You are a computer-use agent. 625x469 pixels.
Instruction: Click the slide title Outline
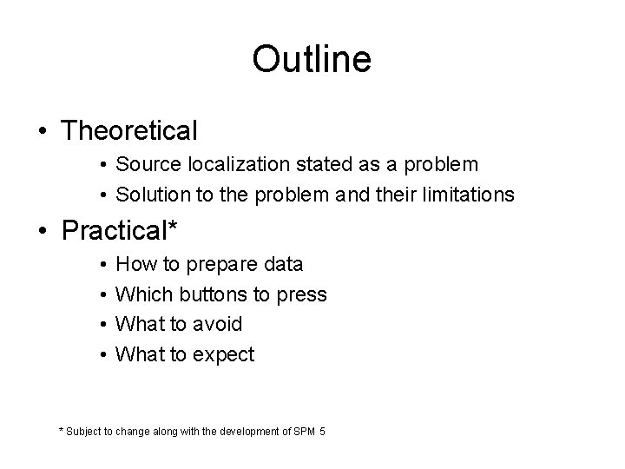tap(312, 59)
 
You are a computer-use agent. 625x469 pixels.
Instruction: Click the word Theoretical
tap(130, 131)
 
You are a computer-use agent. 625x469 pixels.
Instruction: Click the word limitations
tap(467, 195)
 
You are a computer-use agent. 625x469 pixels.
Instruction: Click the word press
tap(302, 295)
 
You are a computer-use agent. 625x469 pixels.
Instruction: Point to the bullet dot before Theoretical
tap(42, 132)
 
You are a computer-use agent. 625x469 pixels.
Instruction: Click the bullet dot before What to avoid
tap(102, 325)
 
